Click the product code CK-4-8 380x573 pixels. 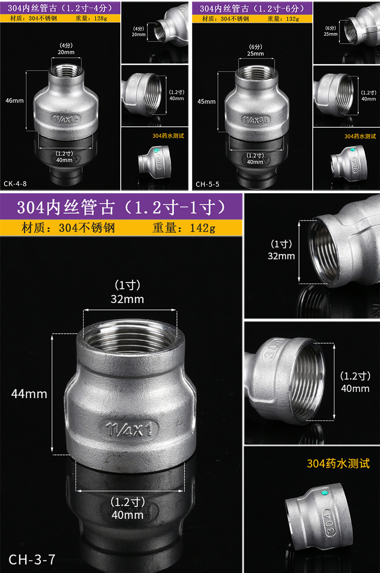tap(15, 184)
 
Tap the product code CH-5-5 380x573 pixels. tap(207, 184)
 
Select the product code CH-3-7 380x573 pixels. tap(32, 559)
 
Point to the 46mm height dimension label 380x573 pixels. tap(15, 100)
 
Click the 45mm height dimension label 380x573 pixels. tap(206, 101)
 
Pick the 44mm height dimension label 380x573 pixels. tap(29, 393)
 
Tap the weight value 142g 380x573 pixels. tap(203, 228)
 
